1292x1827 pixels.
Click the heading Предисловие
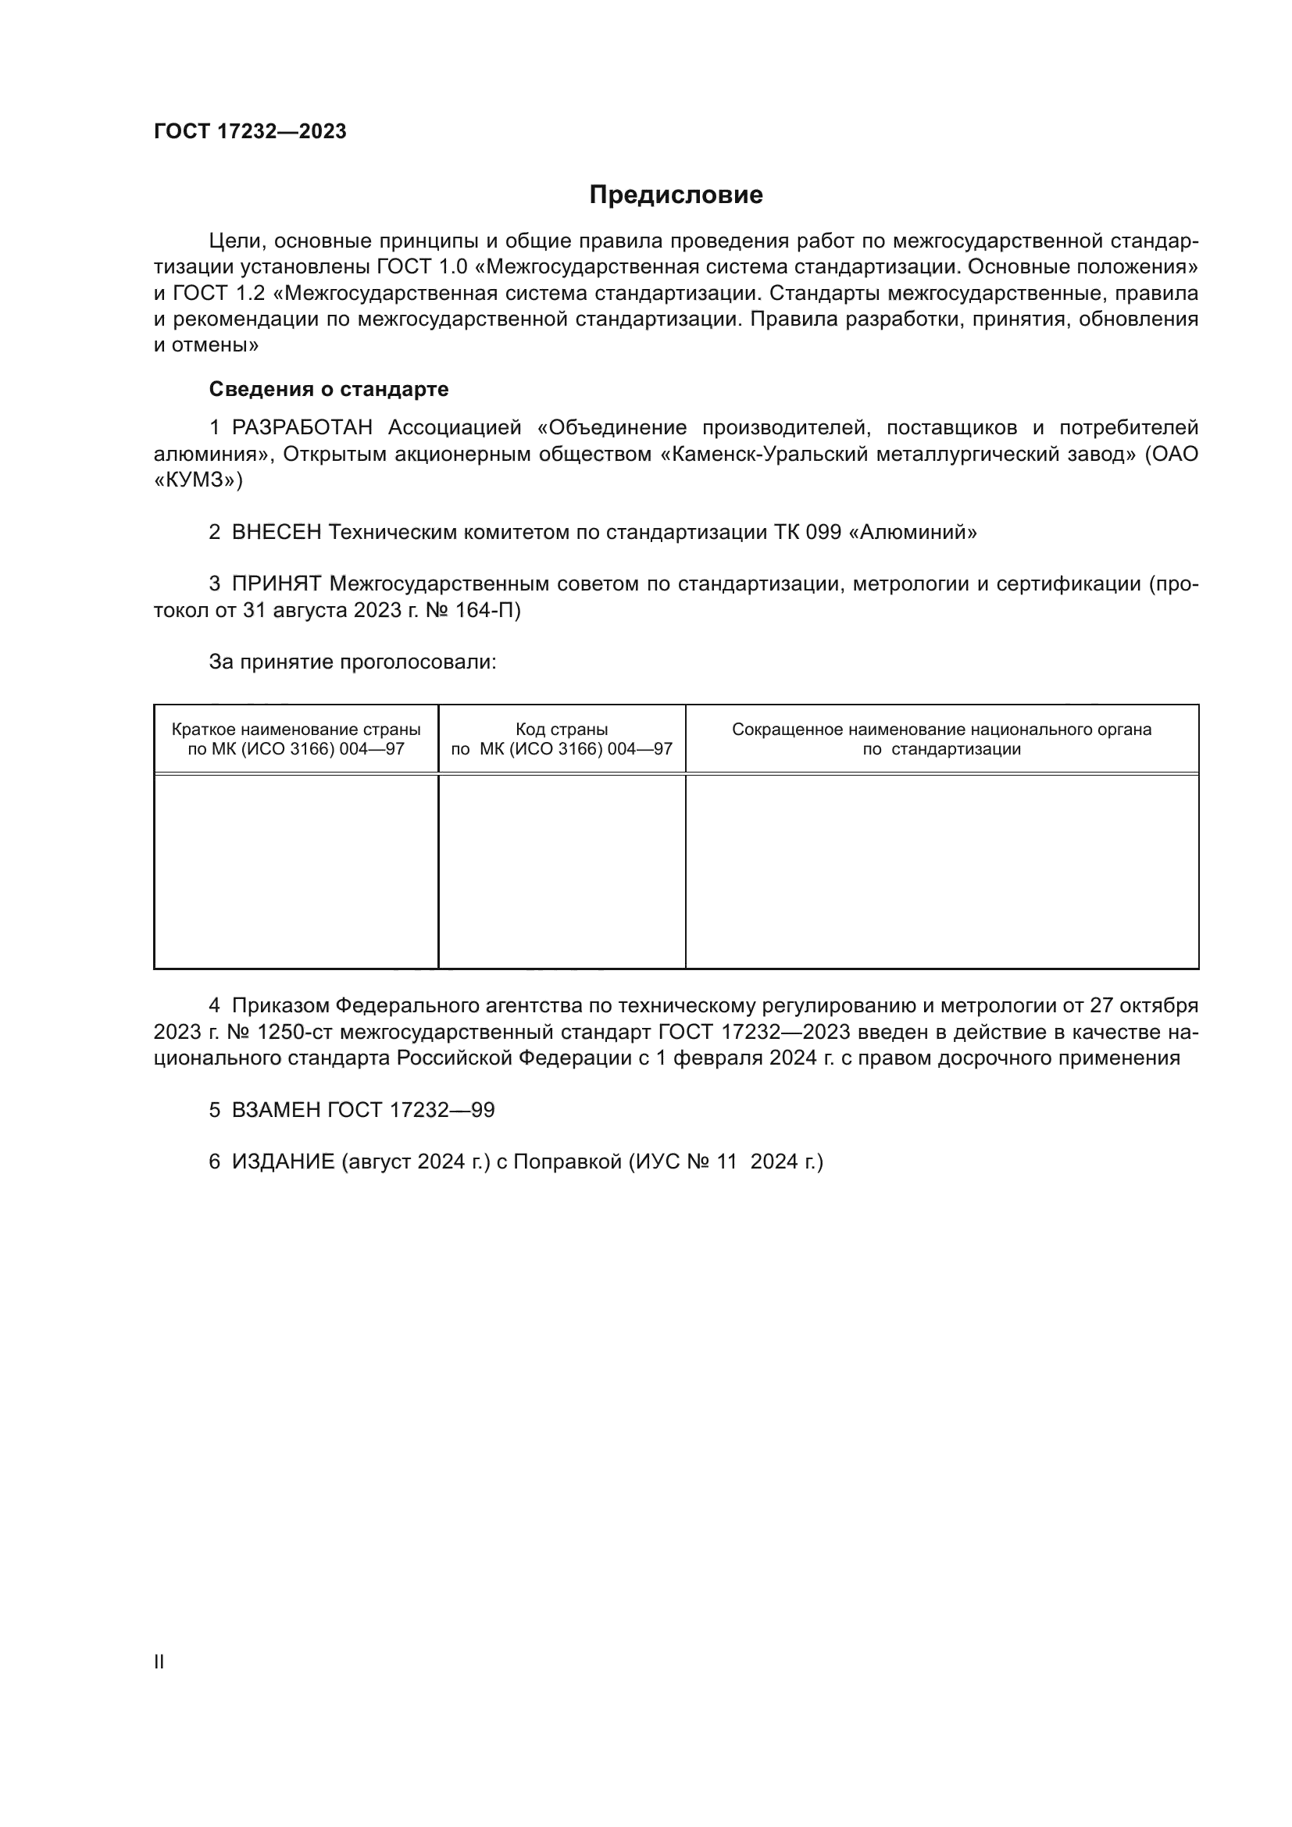[676, 195]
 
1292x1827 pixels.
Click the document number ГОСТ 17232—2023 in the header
[250, 132]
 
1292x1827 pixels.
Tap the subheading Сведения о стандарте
[329, 389]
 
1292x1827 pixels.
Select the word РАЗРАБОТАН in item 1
[302, 428]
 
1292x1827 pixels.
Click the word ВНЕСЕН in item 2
[276, 533]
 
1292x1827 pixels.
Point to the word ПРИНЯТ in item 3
[276, 584]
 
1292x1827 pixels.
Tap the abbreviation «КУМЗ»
[198, 480]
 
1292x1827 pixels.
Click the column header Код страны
[562, 730]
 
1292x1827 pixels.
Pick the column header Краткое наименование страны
[296, 730]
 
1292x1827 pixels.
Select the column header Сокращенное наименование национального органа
[941, 730]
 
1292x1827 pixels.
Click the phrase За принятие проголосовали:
[352, 662]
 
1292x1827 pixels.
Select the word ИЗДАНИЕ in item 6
[284, 1162]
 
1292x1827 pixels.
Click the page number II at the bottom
[159, 1662]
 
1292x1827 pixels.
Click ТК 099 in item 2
[807, 533]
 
